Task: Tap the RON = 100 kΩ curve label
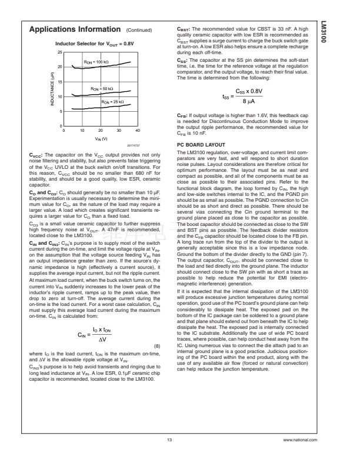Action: [94, 62]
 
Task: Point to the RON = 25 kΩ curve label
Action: [112, 102]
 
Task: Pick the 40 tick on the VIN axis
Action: [138, 130]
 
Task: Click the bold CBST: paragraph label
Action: [185, 28]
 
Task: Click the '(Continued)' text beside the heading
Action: [139, 30]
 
